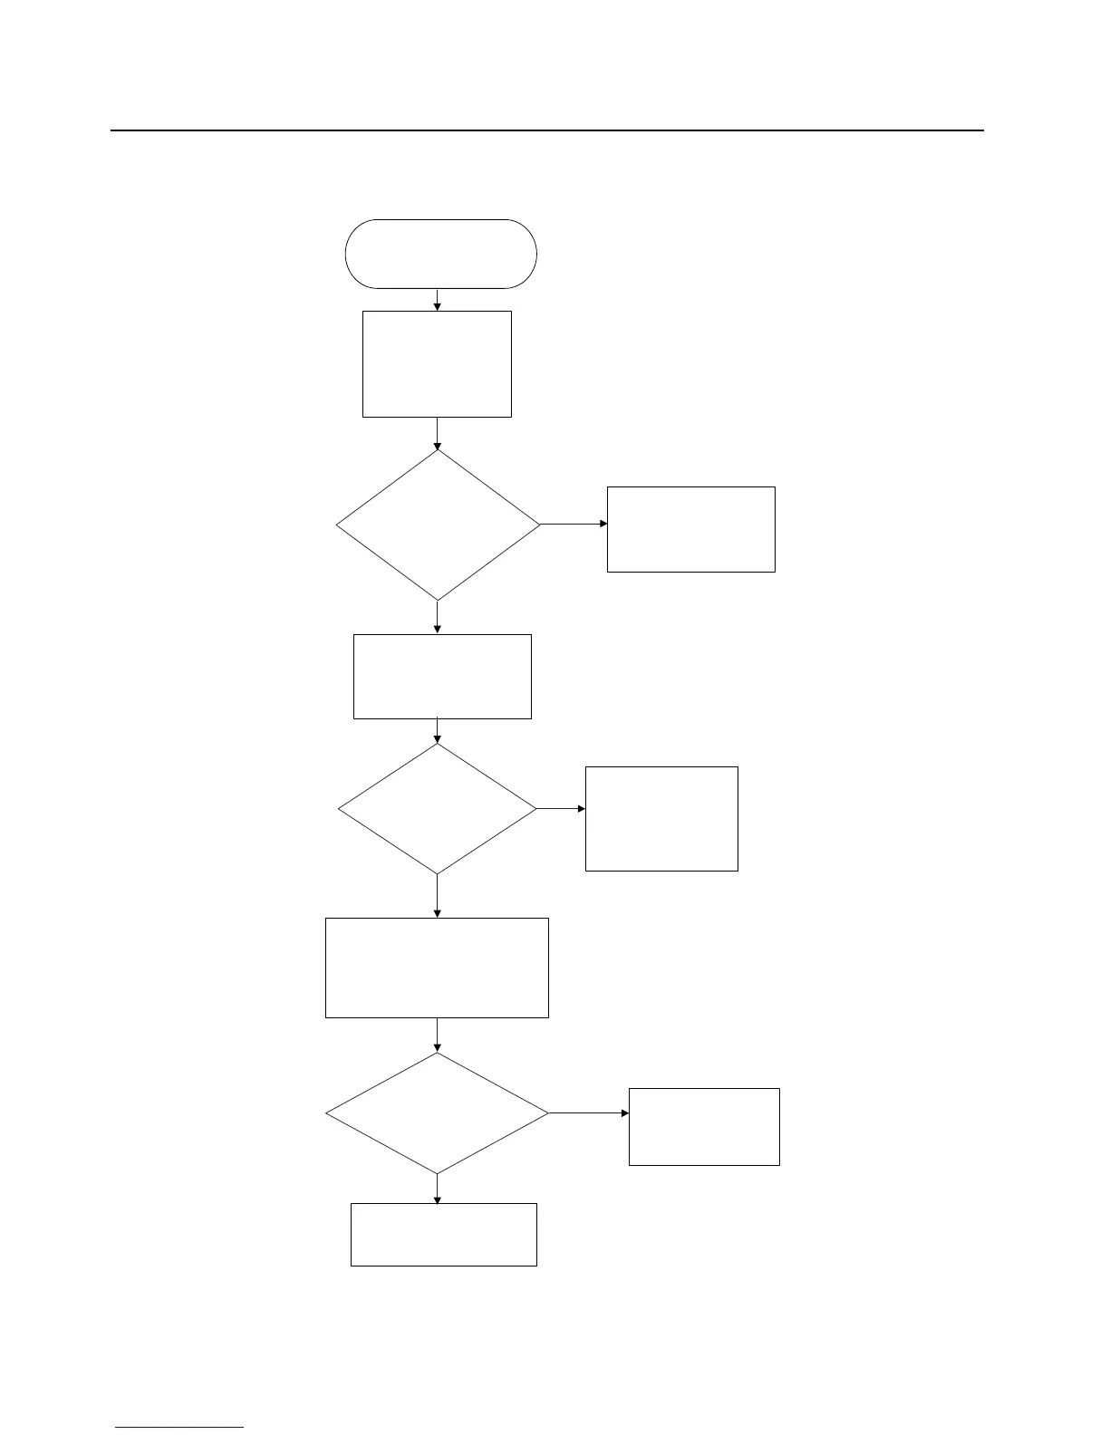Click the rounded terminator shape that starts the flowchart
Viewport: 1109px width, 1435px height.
[440, 254]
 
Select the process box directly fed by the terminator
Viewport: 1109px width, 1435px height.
[437, 364]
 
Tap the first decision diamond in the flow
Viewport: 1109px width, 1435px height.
[438, 525]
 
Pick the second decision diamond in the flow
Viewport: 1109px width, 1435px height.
[438, 808]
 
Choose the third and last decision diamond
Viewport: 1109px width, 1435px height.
[437, 1112]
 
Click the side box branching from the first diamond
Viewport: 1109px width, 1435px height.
[690, 529]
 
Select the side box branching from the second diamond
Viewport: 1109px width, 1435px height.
[661, 818]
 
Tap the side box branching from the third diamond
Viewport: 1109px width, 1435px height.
[704, 1126]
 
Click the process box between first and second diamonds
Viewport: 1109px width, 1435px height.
[442, 676]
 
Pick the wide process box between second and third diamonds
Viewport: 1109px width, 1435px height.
[437, 968]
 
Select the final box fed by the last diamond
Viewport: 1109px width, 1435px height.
[443, 1234]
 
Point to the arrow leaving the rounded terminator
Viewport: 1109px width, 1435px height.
[438, 300]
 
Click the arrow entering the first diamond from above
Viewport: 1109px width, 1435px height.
[438, 433]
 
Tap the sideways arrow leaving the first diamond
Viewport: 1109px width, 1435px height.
[574, 524]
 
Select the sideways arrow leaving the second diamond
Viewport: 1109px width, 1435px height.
[561, 808]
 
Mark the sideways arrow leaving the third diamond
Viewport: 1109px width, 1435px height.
[589, 1112]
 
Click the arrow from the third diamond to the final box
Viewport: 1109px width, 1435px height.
[438, 1189]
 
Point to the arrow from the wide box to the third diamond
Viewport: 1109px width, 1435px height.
[438, 1035]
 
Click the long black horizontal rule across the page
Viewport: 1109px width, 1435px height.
[546, 130]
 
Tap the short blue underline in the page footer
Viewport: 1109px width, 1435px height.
[179, 1427]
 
